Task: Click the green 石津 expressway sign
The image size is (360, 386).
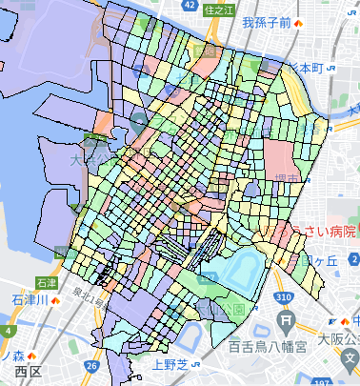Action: pyautogui.click(x=45, y=283)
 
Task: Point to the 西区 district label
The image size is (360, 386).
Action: pyautogui.click(x=28, y=370)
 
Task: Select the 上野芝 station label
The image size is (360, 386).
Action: pyautogui.click(x=170, y=362)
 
